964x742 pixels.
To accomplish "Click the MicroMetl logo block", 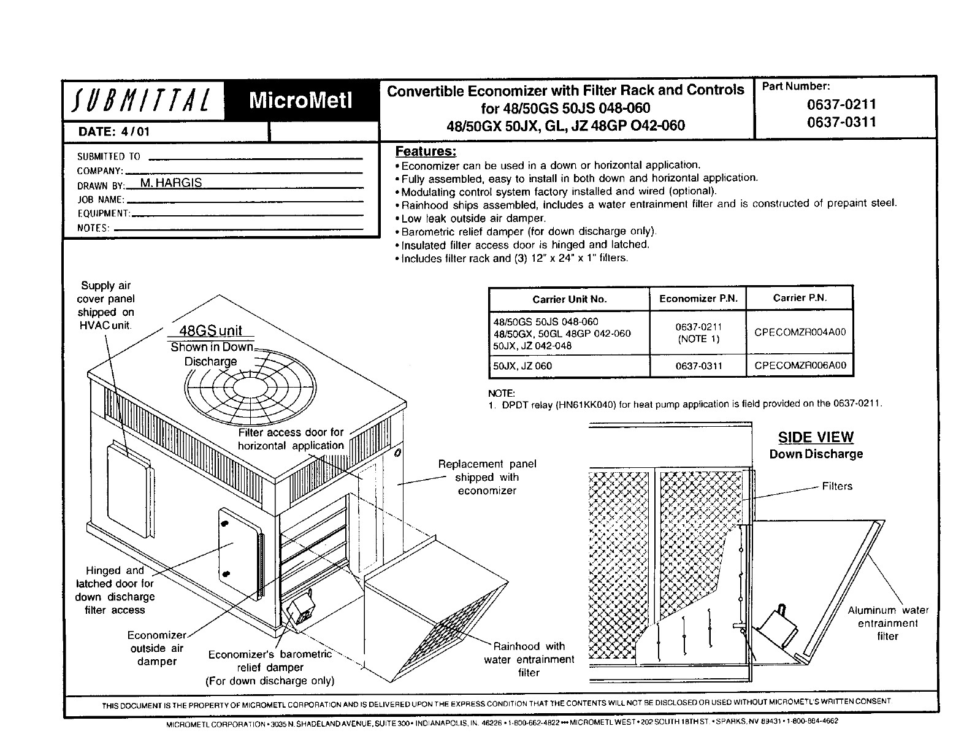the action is [300, 101].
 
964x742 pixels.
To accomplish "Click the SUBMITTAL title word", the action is [142, 101].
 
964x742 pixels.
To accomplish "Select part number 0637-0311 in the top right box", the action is [841, 122].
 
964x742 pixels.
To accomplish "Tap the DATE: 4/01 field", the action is [113, 132].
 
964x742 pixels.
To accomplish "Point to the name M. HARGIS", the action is [171, 183].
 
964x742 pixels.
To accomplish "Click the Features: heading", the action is [426, 151].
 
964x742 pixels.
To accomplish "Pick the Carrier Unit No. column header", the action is [569, 299].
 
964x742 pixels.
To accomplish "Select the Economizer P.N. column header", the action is [698, 299].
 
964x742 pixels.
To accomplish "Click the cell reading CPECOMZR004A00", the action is [800, 332].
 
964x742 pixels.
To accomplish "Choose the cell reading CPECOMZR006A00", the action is [800, 365].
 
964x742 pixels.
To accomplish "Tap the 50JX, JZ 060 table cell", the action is [522, 366].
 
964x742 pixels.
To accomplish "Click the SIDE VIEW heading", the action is [816, 437].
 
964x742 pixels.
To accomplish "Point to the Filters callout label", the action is [837, 486].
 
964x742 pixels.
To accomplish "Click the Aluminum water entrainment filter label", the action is [888, 623].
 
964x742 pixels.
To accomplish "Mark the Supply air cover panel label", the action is [105, 305].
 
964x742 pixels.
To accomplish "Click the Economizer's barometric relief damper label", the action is [270, 668].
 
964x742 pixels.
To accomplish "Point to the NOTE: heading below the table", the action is [501, 393].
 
